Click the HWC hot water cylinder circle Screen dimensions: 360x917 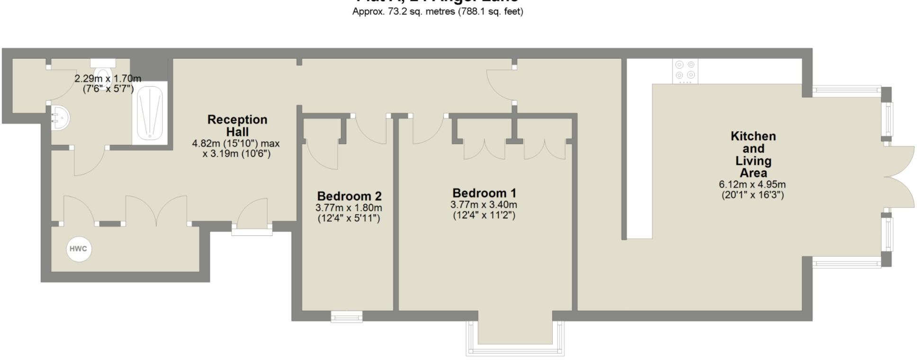point(79,249)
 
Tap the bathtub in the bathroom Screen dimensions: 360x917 point(150,113)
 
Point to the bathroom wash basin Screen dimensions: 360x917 point(60,117)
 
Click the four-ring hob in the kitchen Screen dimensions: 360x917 point(685,70)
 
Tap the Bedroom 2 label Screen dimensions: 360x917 point(349,196)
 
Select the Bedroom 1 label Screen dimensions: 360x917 point(484,193)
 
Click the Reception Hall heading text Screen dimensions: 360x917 point(237,126)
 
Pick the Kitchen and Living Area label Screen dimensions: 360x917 point(753,154)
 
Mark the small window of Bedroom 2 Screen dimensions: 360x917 point(347,316)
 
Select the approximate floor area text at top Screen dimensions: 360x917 point(438,11)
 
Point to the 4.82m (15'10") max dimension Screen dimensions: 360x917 point(236,143)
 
